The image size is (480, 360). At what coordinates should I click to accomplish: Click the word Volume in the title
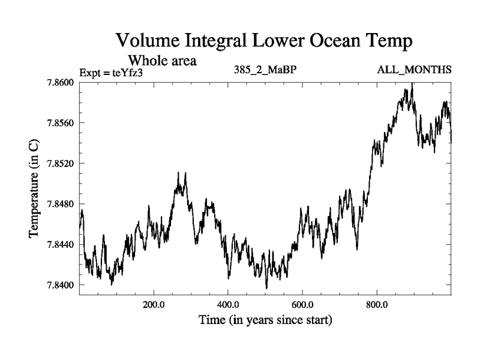[148, 41]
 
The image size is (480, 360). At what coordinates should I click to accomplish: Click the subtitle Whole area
[162, 61]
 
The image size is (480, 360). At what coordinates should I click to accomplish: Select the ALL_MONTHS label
[414, 70]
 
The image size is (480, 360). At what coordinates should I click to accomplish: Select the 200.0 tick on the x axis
[154, 304]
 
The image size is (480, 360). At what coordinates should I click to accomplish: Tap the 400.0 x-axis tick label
[229, 304]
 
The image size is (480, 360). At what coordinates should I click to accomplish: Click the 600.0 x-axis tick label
[303, 304]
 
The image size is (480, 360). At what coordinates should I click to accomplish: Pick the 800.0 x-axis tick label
[377, 304]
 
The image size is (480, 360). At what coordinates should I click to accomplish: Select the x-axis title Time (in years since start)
[265, 320]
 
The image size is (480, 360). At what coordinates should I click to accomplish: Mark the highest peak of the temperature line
[412, 83]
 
